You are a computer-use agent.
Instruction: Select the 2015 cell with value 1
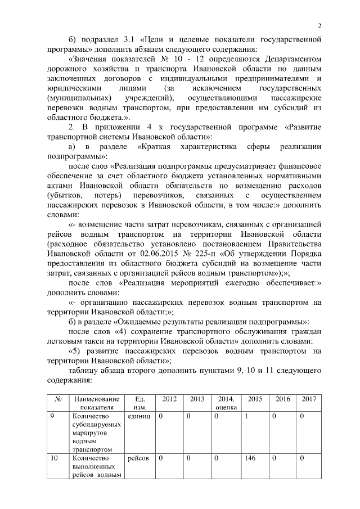[247, 417]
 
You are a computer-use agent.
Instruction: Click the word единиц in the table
[139, 417]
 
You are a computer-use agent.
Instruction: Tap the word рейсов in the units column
[138, 458]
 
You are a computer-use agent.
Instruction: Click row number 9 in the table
[51, 417]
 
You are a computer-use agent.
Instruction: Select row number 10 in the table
[55, 458]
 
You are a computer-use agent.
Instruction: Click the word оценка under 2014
[226, 407]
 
